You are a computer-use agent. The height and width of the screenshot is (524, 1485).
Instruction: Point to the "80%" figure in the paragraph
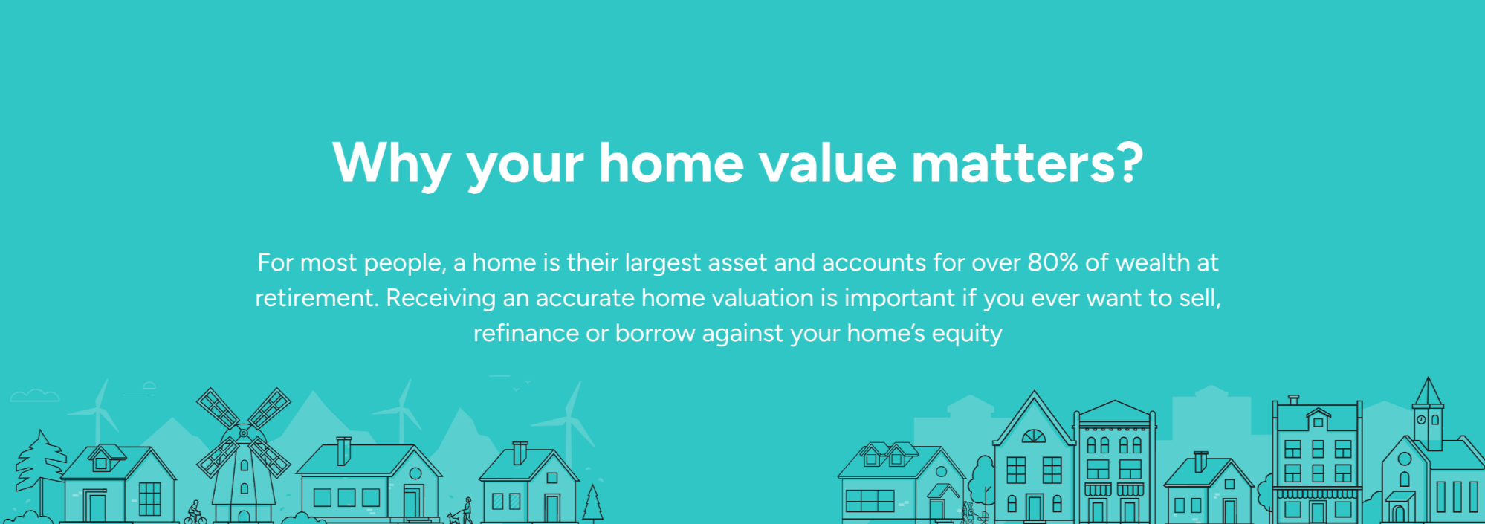(x=1052, y=262)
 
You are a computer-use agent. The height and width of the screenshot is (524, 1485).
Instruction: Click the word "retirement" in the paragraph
(x=316, y=298)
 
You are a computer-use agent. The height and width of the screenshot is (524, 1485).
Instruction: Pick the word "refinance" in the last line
(x=525, y=333)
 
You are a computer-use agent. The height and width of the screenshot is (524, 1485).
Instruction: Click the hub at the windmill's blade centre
(x=243, y=433)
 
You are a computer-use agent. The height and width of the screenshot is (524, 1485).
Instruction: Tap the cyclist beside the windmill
(x=195, y=513)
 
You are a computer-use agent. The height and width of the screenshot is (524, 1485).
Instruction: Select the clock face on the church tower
(x=1421, y=419)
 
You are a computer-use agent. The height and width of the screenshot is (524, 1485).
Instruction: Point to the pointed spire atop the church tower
(x=1428, y=391)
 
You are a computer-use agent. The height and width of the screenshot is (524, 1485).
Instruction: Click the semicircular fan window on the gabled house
(x=1033, y=436)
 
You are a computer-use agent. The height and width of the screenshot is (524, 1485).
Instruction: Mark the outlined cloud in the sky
(x=34, y=395)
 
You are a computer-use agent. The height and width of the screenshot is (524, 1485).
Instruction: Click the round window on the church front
(x=1405, y=459)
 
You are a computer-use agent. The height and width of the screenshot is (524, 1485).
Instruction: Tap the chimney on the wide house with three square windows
(x=343, y=450)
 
